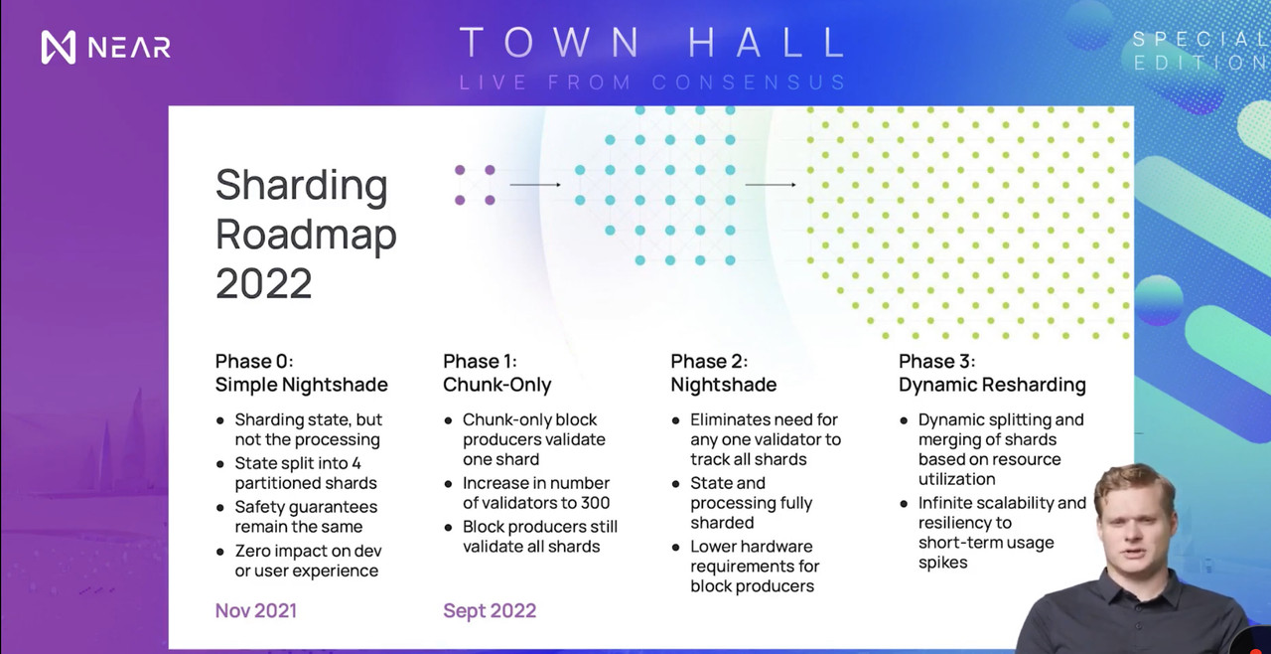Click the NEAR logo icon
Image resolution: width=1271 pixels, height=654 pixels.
click(59, 47)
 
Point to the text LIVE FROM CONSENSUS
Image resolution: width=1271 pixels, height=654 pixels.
click(652, 82)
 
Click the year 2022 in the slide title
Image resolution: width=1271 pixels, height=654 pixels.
click(264, 283)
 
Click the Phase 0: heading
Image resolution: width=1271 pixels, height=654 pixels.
click(254, 361)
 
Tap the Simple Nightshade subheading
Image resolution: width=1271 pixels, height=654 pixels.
click(301, 385)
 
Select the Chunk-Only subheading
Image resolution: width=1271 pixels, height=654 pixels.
click(497, 385)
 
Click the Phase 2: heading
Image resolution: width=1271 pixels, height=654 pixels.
click(709, 361)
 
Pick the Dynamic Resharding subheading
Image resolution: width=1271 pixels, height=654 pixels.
click(992, 385)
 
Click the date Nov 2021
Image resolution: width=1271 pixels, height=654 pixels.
click(256, 611)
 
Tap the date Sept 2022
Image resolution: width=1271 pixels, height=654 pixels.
click(490, 611)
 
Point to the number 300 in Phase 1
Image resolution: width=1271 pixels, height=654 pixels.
click(595, 503)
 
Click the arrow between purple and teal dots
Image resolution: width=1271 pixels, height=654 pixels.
click(535, 185)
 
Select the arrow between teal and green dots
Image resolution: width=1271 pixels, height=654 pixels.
click(771, 185)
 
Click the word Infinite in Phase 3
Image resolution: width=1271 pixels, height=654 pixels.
click(943, 503)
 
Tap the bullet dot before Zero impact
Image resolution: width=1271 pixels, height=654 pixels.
click(220, 552)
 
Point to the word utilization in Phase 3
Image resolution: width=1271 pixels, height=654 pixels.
click(956, 479)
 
